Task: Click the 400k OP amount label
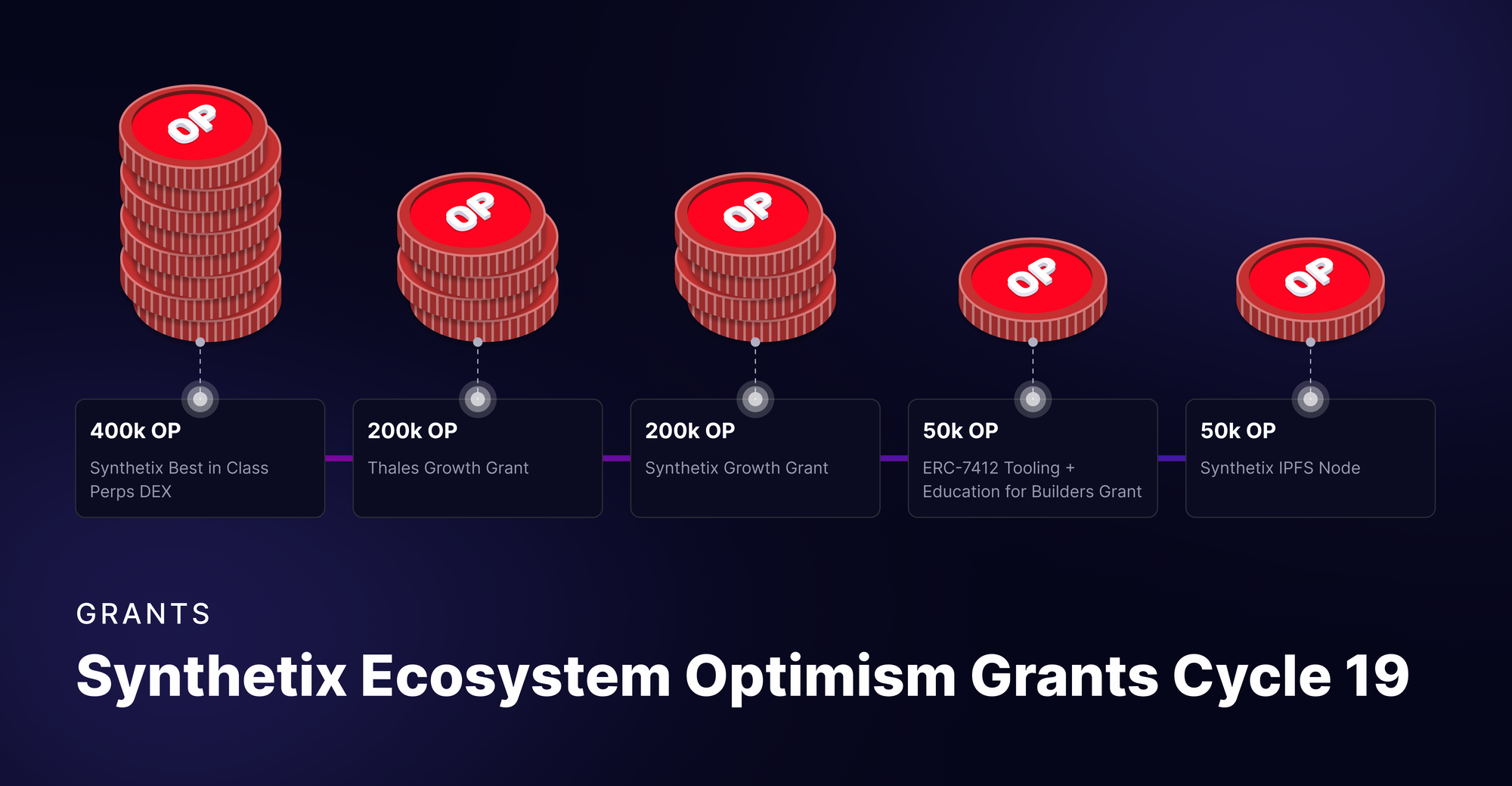pos(135,430)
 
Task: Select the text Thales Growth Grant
pos(448,468)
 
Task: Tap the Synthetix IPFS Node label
pos(1280,468)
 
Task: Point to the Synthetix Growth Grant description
pos(736,468)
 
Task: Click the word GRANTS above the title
pos(144,614)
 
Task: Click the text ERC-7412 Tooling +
pos(998,468)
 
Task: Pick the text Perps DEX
pos(131,492)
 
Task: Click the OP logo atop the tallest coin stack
pos(192,124)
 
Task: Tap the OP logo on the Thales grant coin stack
pos(470,212)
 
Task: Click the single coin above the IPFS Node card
pos(1310,289)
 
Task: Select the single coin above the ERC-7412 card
pos(1033,289)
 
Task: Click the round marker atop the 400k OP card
pos(200,399)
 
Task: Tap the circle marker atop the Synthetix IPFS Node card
pos(1311,399)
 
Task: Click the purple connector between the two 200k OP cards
pos(616,458)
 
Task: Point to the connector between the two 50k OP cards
pos(1171,458)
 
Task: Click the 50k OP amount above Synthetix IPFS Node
pos(1238,430)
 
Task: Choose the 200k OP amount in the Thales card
pos(412,430)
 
